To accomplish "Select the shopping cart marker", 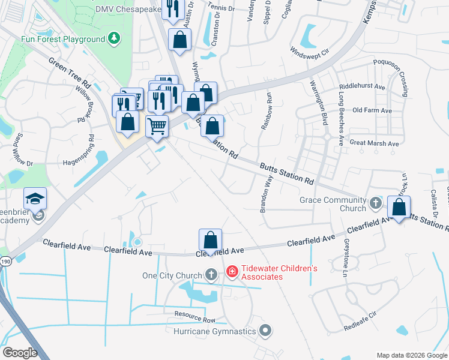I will coord(157,127).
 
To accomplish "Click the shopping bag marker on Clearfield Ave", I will coord(211,240).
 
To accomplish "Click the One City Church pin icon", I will coord(211,275).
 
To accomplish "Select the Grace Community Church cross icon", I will coord(375,202).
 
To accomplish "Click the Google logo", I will coord(20,352).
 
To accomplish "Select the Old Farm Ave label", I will coord(372,110).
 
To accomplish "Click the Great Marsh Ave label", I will coord(374,143).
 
